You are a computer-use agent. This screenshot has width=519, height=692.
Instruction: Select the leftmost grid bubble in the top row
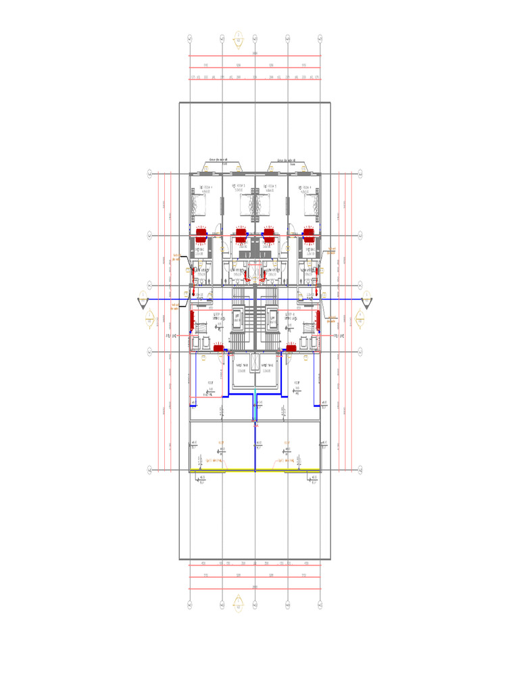tap(190, 39)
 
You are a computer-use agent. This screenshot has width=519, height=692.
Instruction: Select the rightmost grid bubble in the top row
tap(321, 39)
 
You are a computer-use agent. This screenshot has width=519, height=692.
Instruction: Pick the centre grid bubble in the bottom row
tap(255, 603)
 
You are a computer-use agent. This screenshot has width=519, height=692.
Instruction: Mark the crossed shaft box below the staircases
tap(255, 362)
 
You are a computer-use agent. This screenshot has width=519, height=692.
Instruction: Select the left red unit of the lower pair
tap(218, 348)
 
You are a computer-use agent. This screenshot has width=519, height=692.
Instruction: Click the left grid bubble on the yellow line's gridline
tap(150, 470)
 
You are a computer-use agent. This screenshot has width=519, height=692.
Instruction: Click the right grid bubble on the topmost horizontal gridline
tap(361, 174)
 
